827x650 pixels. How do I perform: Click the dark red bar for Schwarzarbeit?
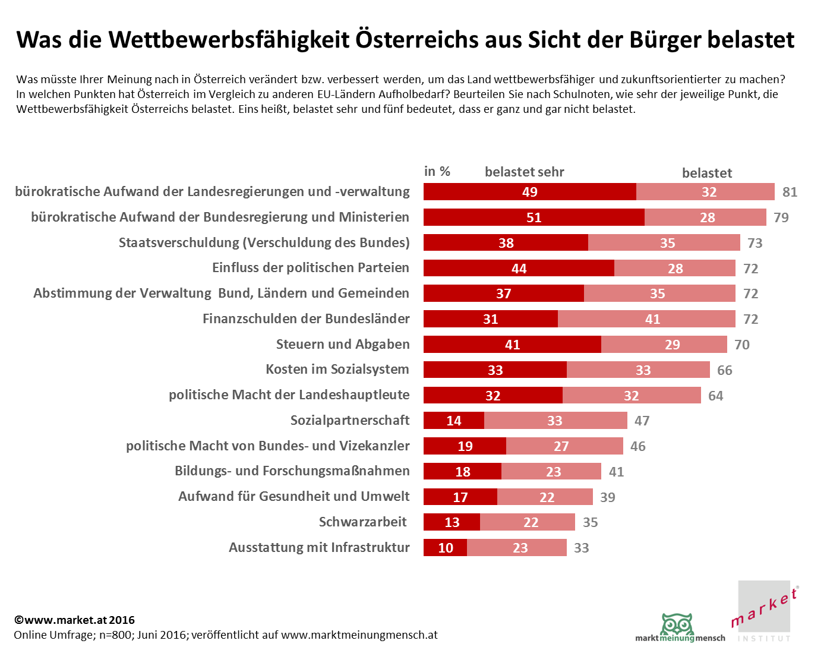point(452,522)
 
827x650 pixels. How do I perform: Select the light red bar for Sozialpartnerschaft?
point(555,421)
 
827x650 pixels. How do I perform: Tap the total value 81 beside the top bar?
point(790,192)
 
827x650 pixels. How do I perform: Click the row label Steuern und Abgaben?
point(343,345)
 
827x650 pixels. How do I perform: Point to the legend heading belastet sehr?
point(524,172)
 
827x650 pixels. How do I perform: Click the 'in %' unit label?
point(437,172)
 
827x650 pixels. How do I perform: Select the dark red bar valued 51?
point(534,217)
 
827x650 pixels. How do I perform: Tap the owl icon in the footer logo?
point(677,626)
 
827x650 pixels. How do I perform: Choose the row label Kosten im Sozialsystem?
point(337,370)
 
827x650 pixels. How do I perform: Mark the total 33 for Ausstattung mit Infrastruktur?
point(581,548)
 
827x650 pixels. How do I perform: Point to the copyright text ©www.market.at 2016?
point(75,620)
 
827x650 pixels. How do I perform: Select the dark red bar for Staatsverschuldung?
point(506,243)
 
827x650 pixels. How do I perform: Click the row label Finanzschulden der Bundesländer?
point(306,319)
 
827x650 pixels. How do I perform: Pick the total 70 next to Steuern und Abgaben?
point(741,345)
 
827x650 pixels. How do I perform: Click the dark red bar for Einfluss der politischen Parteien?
point(519,269)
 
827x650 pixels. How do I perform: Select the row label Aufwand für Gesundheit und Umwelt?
point(294,497)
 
